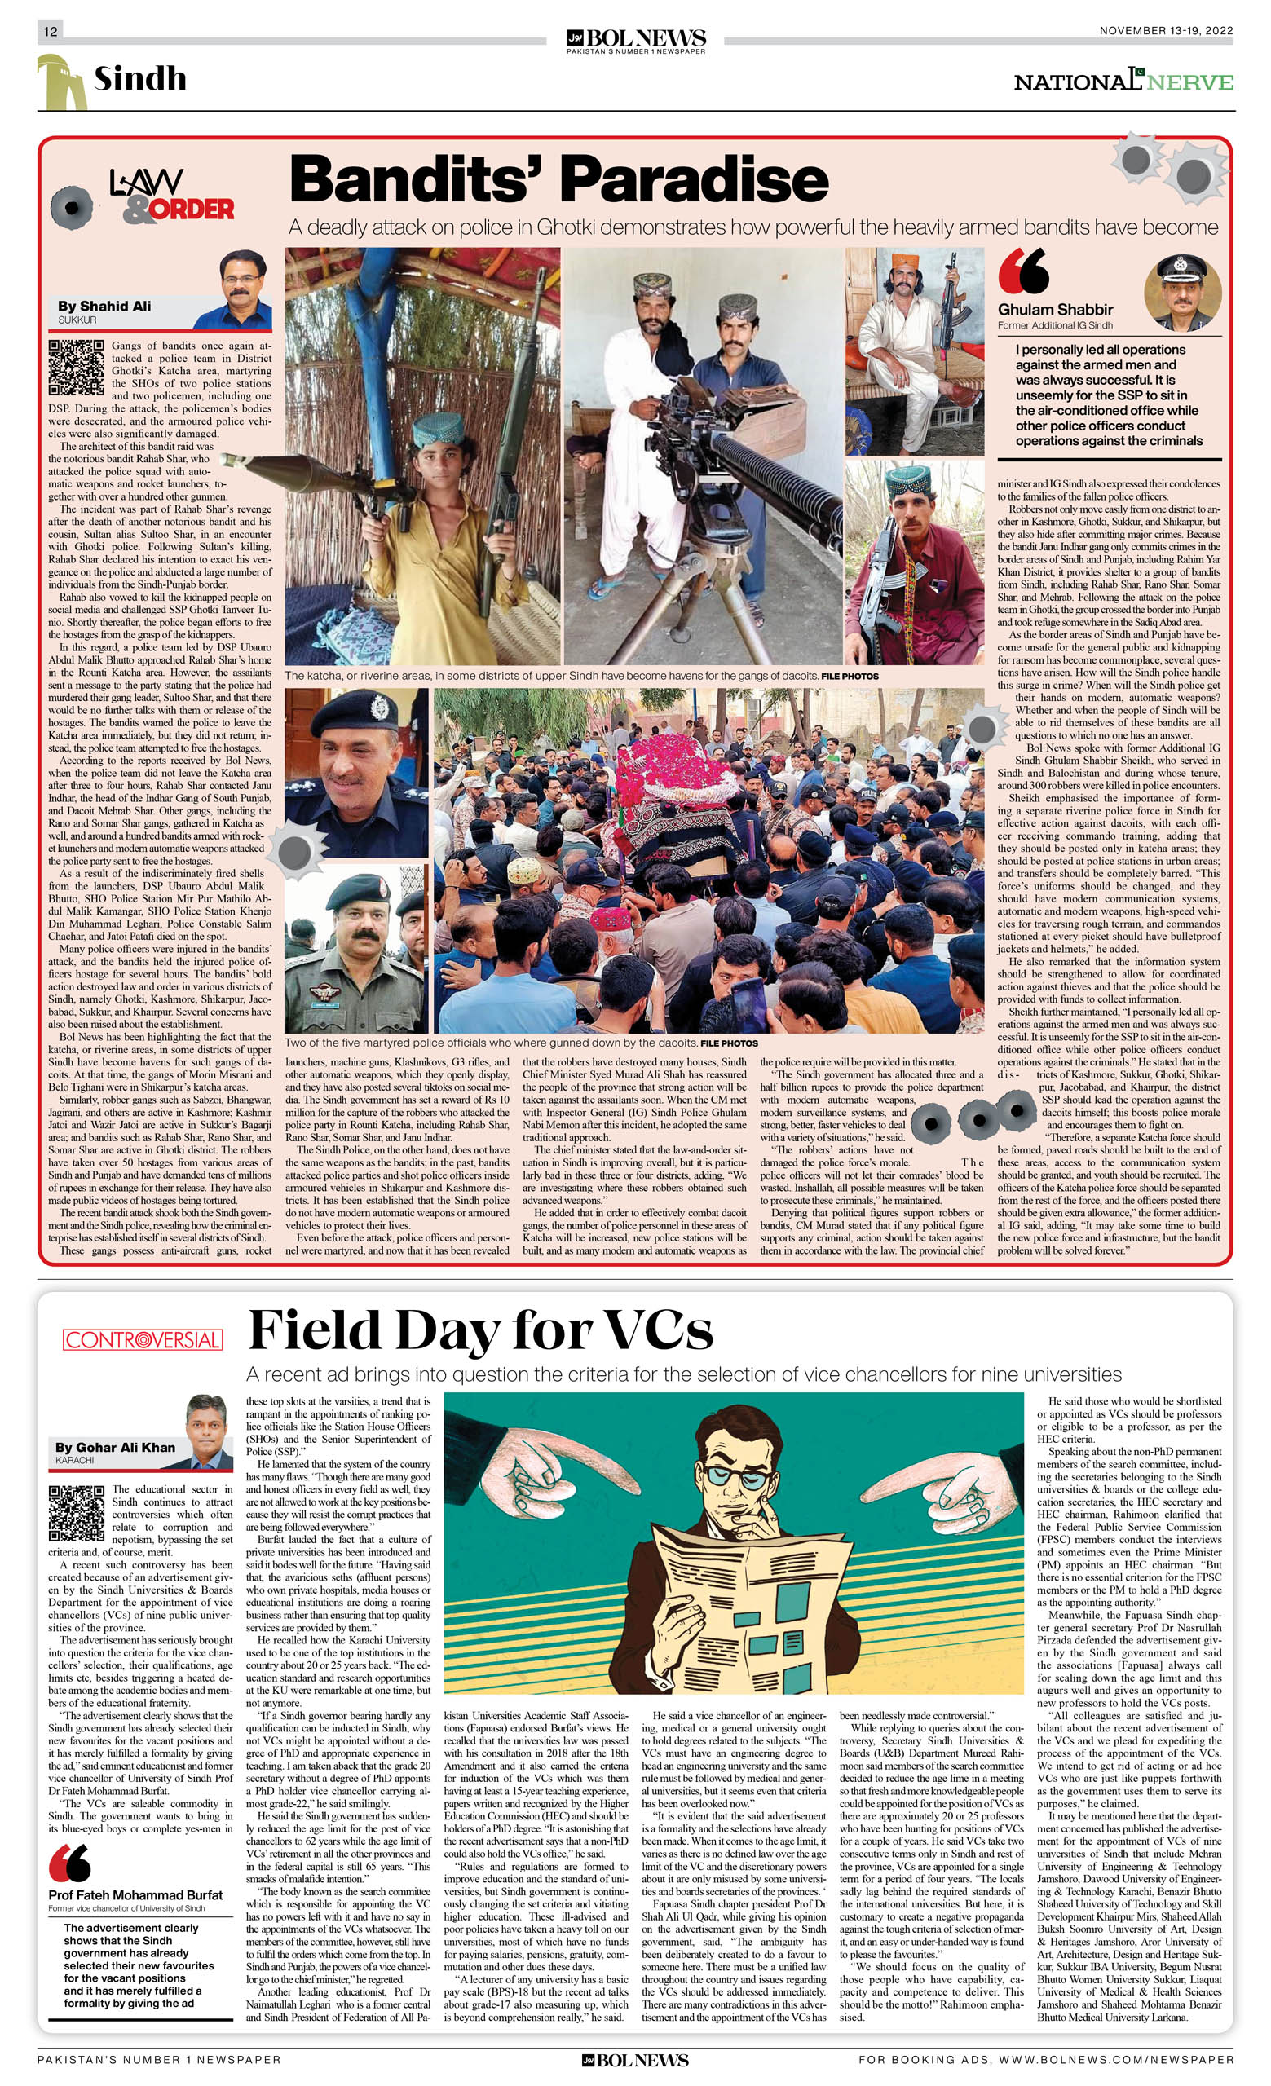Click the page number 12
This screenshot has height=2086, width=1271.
point(50,31)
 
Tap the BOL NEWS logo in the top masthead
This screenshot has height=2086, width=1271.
point(636,40)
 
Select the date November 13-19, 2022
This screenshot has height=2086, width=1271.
point(1165,30)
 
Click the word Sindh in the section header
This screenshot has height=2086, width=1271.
point(139,79)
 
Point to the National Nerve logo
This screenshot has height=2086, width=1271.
point(1123,82)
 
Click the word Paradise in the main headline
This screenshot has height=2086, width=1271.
point(694,179)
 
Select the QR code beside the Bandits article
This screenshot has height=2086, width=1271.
point(76,367)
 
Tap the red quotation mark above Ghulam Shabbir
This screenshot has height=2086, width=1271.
point(1023,271)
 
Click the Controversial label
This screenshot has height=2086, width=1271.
point(142,1339)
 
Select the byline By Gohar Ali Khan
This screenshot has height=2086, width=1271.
point(115,1447)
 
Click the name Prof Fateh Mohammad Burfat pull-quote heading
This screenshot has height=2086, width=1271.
point(135,1894)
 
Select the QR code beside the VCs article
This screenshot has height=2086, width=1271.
point(76,1513)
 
